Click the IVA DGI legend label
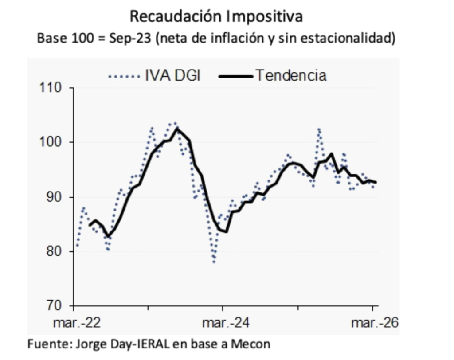[x=172, y=75]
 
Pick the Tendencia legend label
[x=290, y=75]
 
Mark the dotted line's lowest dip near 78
[x=215, y=262]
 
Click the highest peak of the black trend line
[x=178, y=129]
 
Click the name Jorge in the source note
[x=88, y=344]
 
